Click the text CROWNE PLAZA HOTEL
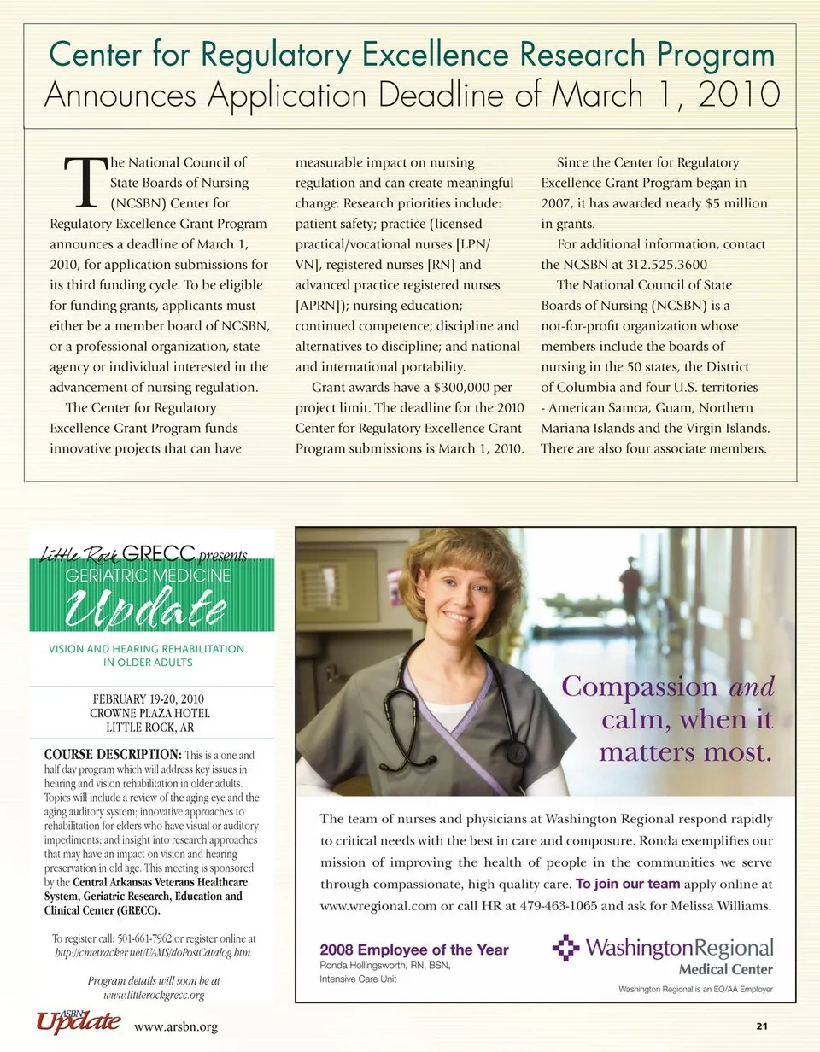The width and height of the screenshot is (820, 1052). [x=149, y=713]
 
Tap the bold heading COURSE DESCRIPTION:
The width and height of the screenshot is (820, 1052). [x=112, y=755]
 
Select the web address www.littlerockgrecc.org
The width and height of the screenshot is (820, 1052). [x=154, y=995]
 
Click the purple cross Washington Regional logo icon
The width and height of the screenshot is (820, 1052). [x=565, y=948]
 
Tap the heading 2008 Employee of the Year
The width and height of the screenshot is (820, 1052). [x=413, y=950]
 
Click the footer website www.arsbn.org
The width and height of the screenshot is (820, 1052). [x=176, y=1026]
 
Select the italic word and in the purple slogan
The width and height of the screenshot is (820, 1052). [x=751, y=687]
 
